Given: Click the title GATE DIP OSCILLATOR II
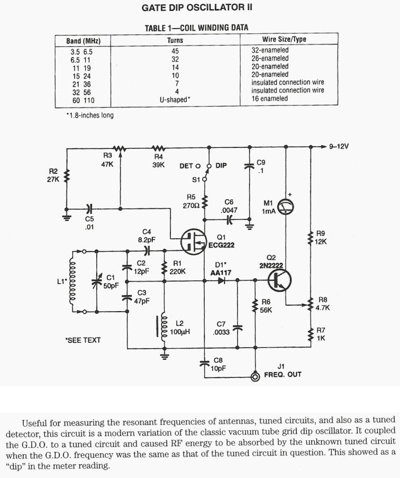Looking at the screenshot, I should point(197,7).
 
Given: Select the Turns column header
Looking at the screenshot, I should point(175,40).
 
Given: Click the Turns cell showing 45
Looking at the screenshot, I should point(175,51).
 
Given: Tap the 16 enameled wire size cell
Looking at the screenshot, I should point(269,99).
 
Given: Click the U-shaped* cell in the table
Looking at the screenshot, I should point(175,99).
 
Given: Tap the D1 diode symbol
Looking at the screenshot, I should point(222,281).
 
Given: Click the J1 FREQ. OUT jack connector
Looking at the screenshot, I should point(256,377).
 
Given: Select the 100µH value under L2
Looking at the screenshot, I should point(183,332).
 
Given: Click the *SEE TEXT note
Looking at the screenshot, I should point(83,340).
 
